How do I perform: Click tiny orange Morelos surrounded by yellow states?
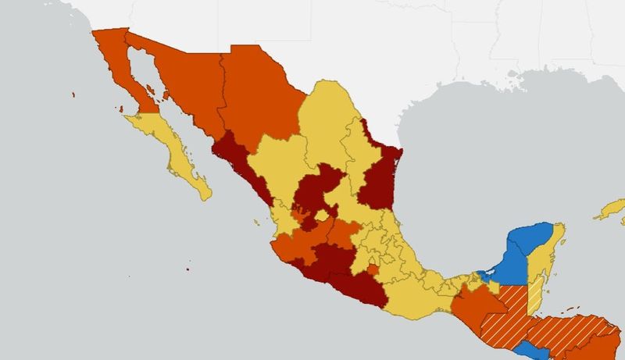373,271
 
